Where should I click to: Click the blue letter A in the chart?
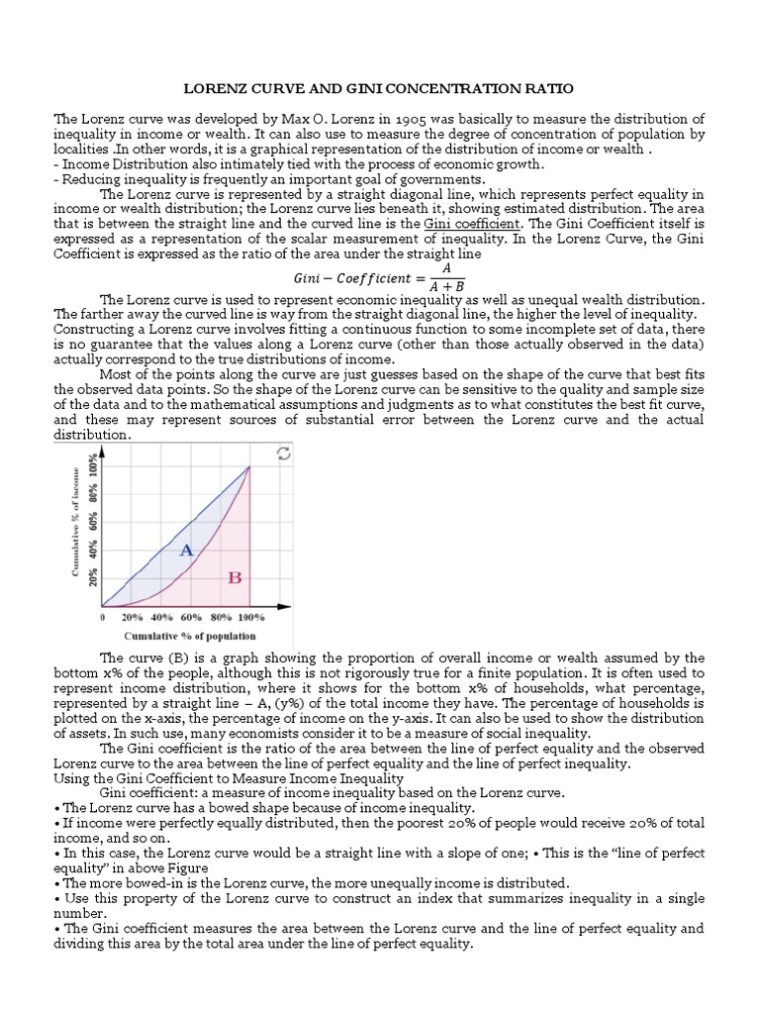(x=185, y=550)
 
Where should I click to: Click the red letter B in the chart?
(x=236, y=577)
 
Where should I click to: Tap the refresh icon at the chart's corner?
(x=284, y=454)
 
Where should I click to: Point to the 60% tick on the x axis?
(x=190, y=617)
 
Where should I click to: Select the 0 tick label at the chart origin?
(x=103, y=617)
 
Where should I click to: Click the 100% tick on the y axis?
(x=94, y=467)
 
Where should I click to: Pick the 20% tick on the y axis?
(x=94, y=576)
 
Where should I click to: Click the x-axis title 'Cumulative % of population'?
(x=189, y=636)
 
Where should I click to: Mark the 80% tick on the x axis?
(x=220, y=617)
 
